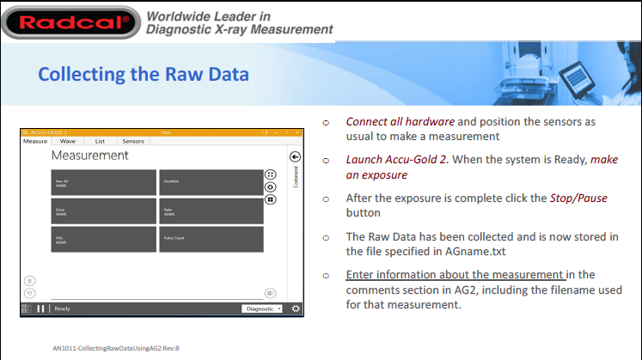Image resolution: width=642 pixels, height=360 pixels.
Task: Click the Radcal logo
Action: click(70, 21)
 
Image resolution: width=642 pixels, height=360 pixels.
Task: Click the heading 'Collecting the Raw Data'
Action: click(144, 74)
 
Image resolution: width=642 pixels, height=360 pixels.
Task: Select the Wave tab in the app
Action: click(67, 141)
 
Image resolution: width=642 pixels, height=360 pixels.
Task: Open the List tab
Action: click(100, 141)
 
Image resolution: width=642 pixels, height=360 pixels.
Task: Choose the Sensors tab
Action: click(133, 141)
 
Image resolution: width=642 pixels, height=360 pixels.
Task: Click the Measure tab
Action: click(35, 141)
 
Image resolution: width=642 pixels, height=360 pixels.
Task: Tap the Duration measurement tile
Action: click(211, 182)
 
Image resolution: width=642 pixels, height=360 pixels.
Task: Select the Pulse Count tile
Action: click(211, 239)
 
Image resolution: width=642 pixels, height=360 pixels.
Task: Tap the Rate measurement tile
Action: click(211, 211)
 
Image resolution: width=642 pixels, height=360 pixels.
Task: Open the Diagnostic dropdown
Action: click(263, 308)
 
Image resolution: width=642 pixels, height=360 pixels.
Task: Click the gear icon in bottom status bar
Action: click(296, 308)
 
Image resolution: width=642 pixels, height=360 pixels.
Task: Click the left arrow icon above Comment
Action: click(295, 157)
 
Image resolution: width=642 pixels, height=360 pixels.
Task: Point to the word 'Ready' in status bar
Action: click(63, 308)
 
